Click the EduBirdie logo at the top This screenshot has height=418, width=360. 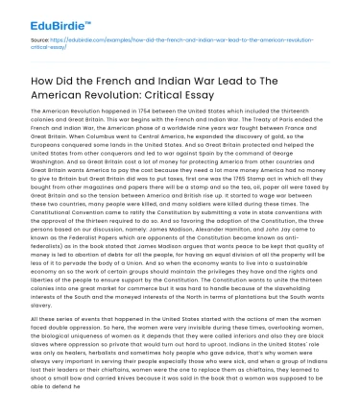[x=37, y=16]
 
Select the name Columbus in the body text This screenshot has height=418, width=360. [x=94, y=138]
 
